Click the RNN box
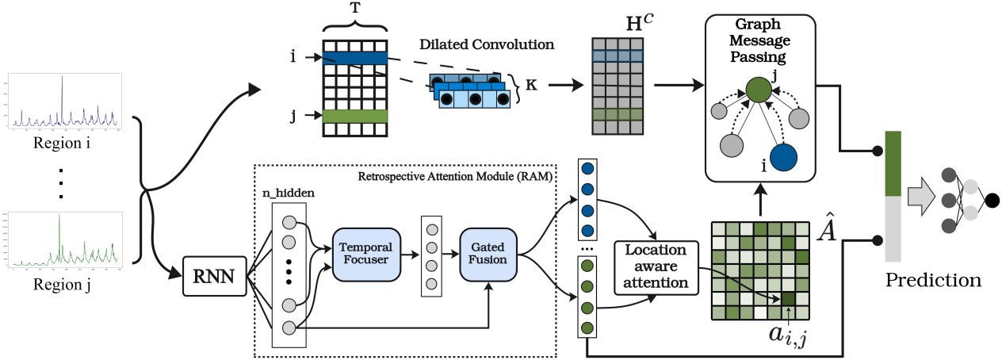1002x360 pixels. tap(215, 278)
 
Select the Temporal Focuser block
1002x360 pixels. tap(366, 253)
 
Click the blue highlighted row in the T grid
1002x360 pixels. tap(355, 58)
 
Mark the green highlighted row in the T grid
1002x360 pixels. tap(355, 116)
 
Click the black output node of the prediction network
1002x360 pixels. tap(992, 201)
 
